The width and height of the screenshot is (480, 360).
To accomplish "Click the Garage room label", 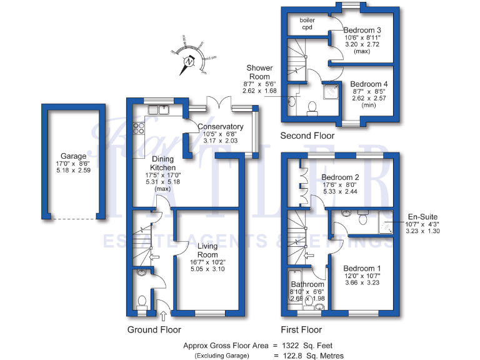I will (73, 156).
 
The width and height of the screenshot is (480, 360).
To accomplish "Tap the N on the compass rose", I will (188, 62).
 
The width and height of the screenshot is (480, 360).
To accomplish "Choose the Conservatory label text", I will (220, 127).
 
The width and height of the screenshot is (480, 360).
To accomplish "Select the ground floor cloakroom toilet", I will (142, 302).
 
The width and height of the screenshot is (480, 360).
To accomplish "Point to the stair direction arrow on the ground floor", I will (154, 256).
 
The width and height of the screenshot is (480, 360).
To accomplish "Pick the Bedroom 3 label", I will (363, 30).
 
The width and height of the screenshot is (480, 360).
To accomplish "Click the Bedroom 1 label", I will (362, 268).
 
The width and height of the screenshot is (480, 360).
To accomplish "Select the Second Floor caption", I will (307, 136).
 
